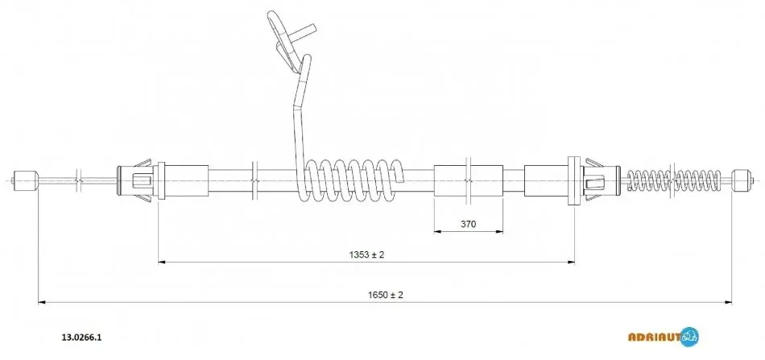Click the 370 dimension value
468,224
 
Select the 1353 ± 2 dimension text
366,254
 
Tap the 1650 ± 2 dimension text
386,295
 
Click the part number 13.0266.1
81,337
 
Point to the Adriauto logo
663,337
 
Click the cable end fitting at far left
26,180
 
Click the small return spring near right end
673,180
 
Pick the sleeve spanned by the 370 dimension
469,180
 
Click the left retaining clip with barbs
141,180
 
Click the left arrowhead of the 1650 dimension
41,303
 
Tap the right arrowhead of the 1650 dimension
729,303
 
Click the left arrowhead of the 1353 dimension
162,263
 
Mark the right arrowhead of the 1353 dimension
570,263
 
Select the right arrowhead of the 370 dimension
499,231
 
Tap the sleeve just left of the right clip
547,180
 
